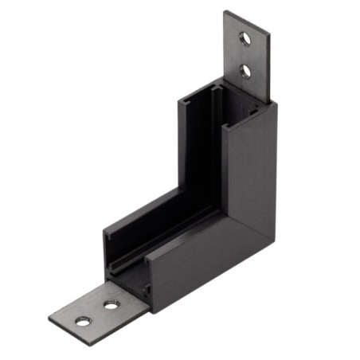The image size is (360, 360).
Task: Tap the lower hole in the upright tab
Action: point(246,72)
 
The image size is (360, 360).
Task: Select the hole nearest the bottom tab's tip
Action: point(82,321)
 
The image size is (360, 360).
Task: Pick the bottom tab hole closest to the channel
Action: point(111,304)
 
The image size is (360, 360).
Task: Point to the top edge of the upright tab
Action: point(247,19)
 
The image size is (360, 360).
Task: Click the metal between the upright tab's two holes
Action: point(246,54)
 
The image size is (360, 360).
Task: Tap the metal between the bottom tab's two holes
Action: point(96,313)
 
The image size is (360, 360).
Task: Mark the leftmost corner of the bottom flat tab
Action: point(49,319)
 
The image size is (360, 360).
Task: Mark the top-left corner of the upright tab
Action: point(225,12)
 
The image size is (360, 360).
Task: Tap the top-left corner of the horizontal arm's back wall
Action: point(104,232)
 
